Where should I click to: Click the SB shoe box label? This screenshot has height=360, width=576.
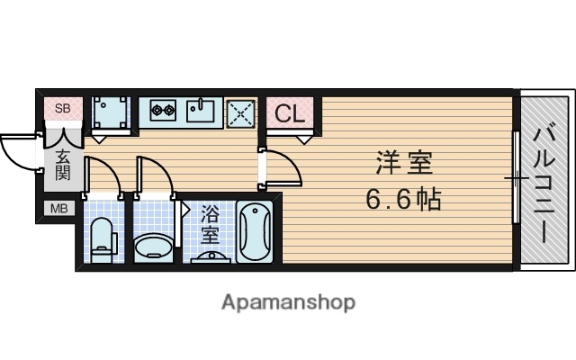click(x=62, y=110)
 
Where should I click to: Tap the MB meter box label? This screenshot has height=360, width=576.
click(x=58, y=211)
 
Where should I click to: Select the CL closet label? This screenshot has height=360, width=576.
click(x=289, y=113)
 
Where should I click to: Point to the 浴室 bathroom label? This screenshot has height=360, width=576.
click(x=210, y=225)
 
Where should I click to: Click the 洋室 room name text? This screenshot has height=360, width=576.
click(x=403, y=165)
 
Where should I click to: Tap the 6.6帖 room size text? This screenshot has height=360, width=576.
click(x=403, y=199)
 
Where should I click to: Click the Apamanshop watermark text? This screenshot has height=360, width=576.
click(x=288, y=302)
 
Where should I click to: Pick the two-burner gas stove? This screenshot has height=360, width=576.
click(x=162, y=112)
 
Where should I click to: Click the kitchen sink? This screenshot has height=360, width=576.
click(x=201, y=112)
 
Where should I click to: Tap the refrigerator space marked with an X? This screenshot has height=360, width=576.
click(x=240, y=113)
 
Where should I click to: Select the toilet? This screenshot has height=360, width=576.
click(x=102, y=236)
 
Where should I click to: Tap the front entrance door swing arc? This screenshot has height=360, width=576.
click(x=20, y=148)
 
